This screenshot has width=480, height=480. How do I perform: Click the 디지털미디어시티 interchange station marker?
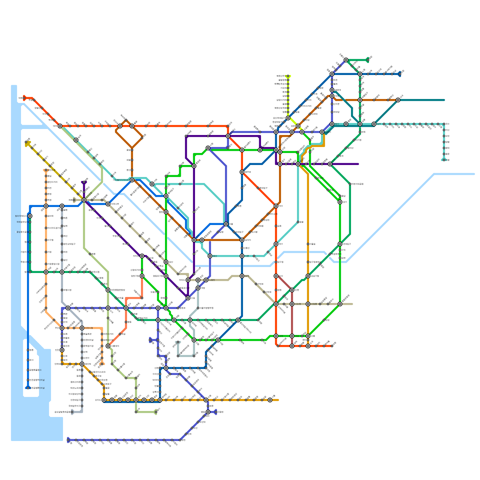point(132,180)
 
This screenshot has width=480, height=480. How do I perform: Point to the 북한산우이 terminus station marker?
point(288,76)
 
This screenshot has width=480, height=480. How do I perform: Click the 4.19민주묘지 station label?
point(280,84)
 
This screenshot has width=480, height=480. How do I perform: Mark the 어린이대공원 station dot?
point(350,184)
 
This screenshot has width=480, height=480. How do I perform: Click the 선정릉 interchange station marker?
point(308,304)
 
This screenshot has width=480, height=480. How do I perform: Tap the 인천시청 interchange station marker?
point(82,328)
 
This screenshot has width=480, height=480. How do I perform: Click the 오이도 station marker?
point(104,400)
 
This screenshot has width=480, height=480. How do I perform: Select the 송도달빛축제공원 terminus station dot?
point(72,412)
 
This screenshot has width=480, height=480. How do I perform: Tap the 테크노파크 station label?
point(75,388)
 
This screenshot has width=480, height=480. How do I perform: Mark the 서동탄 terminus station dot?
point(216,412)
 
